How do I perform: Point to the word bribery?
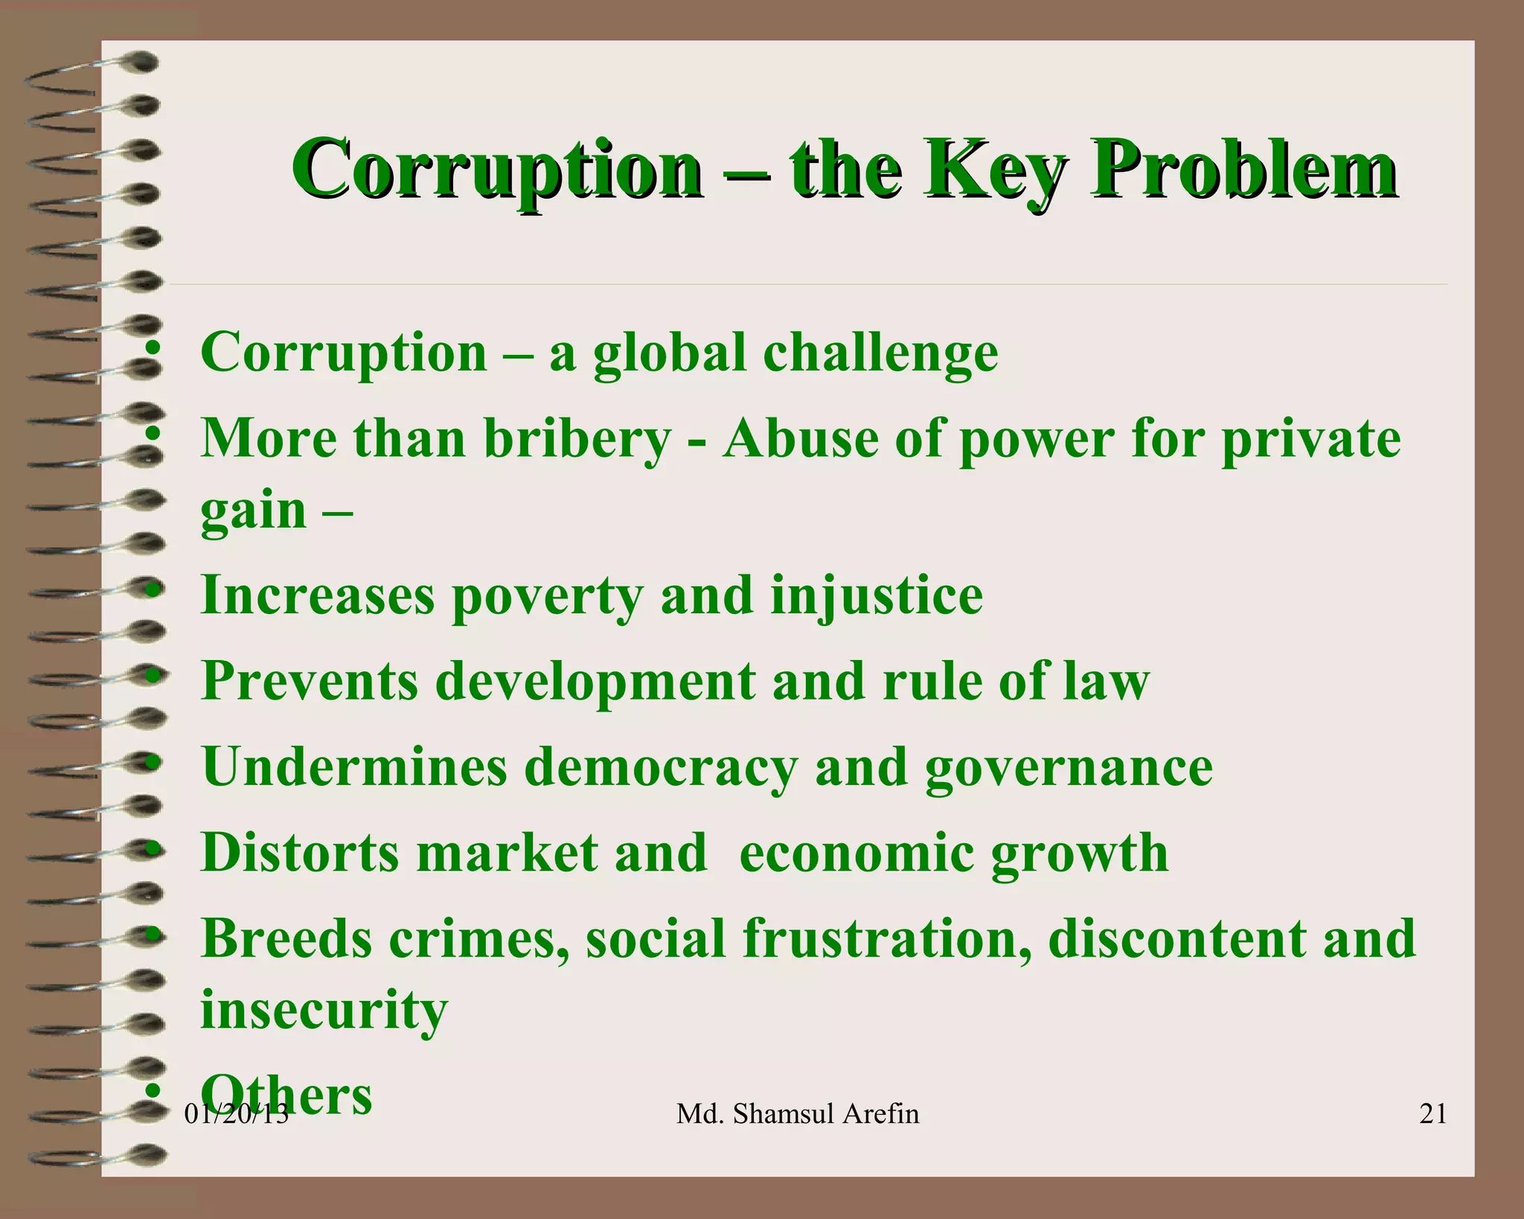[577, 438]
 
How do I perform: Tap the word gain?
[254, 511]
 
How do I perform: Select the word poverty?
[548, 597]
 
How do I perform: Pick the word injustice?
[876, 597]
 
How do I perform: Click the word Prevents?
[310, 681]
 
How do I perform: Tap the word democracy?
[660, 768]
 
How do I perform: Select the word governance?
[1069, 768]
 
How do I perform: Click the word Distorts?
[301, 853]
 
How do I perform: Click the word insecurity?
[324, 1010]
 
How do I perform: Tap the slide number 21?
[1433, 1113]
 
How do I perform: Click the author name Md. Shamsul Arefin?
[798, 1114]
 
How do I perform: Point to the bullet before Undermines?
[153, 763]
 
